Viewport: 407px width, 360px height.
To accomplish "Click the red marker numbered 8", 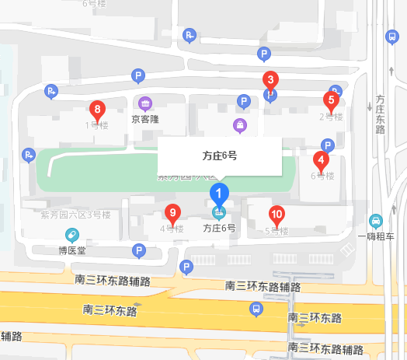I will click(x=97, y=110).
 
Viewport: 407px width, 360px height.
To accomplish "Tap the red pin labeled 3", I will click(x=270, y=80).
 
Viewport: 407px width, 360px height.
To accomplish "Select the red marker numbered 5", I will click(x=331, y=100).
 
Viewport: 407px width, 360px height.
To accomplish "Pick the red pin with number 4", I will click(x=320, y=160).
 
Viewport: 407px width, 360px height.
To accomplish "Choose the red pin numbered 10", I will click(x=276, y=215).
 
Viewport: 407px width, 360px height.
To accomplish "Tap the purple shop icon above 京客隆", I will click(x=144, y=103).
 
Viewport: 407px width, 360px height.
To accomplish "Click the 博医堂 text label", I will click(x=72, y=250).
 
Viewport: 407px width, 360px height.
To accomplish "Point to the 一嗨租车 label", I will click(x=376, y=236).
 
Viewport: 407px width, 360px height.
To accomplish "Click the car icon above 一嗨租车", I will click(x=376, y=221).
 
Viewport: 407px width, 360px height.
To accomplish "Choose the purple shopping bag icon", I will click(x=240, y=125).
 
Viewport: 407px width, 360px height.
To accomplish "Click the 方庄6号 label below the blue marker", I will click(x=219, y=229).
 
